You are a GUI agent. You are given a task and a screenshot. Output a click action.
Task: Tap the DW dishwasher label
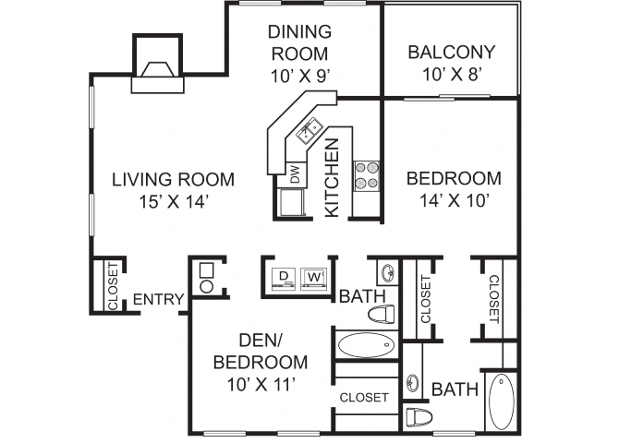click(x=295, y=174)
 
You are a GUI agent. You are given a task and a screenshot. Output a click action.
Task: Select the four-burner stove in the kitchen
click(x=368, y=174)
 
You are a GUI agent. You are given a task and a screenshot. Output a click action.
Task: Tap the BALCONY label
click(x=451, y=52)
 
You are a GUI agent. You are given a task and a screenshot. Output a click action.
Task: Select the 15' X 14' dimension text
click(x=173, y=201)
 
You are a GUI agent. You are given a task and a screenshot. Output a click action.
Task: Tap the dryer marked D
click(x=283, y=276)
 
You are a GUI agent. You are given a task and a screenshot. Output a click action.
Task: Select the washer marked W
click(x=315, y=276)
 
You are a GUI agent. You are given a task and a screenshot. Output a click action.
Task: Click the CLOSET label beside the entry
click(x=112, y=286)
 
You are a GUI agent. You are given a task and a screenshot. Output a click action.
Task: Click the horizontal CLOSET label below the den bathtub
click(x=363, y=398)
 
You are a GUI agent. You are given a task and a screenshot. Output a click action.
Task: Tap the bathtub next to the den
click(x=364, y=347)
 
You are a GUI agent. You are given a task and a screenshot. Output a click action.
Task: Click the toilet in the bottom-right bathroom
click(x=418, y=415)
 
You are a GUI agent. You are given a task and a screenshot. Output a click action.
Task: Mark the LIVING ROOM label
click(x=173, y=179)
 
